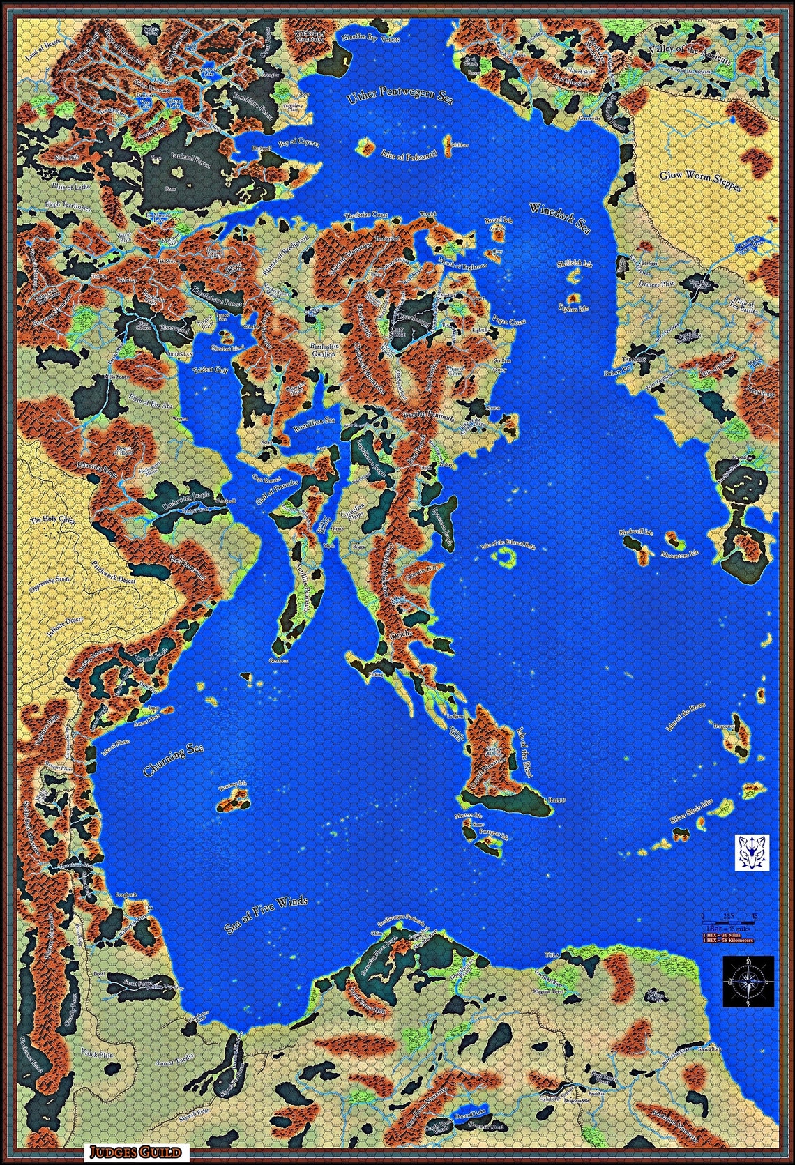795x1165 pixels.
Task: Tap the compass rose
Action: [x=748, y=982]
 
